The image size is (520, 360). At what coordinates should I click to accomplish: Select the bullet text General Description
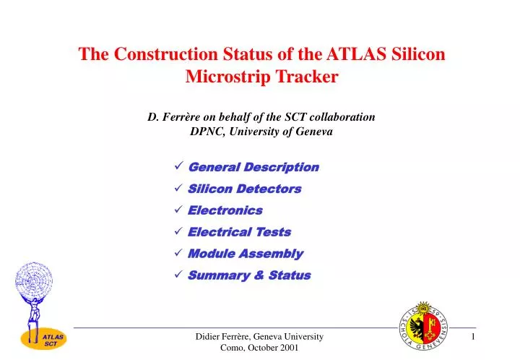pyautogui.click(x=253, y=167)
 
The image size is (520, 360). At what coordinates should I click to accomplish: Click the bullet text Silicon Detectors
pyautogui.click(x=244, y=189)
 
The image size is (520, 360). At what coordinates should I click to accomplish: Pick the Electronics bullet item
pyautogui.click(x=225, y=210)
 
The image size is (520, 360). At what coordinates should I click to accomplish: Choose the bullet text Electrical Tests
pyautogui.click(x=239, y=232)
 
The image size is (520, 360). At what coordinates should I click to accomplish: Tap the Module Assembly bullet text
pyautogui.click(x=245, y=254)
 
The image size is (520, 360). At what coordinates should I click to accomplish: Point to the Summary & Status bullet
pyautogui.click(x=249, y=275)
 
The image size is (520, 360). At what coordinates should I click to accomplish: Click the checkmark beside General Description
pyautogui.click(x=178, y=167)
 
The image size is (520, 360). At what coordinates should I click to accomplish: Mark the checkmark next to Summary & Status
pyautogui.click(x=178, y=275)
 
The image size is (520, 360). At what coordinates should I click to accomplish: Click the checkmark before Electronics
pyautogui.click(x=178, y=210)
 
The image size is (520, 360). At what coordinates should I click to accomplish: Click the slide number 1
pyautogui.click(x=474, y=338)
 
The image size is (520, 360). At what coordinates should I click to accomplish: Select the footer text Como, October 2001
pyautogui.click(x=259, y=348)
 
